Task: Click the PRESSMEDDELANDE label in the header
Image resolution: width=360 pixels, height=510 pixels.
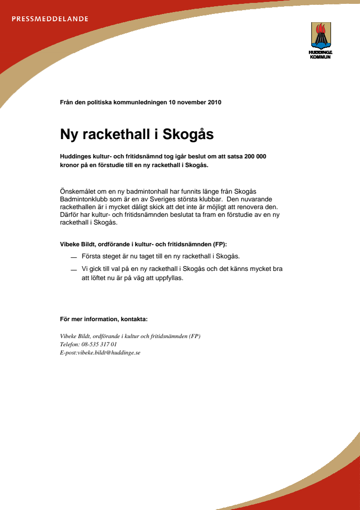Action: click(x=50, y=19)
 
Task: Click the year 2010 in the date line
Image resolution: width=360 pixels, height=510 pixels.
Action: click(x=214, y=102)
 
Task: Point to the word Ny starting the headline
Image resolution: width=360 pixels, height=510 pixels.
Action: click(x=69, y=134)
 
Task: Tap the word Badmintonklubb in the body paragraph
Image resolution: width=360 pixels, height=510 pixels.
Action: click(x=84, y=199)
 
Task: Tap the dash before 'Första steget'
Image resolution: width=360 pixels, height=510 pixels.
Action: click(x=73, y=257)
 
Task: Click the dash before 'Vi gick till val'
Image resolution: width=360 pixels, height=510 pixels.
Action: click(x=73, y=270)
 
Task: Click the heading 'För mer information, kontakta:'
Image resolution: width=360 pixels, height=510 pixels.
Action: click(x=104, y=319)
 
